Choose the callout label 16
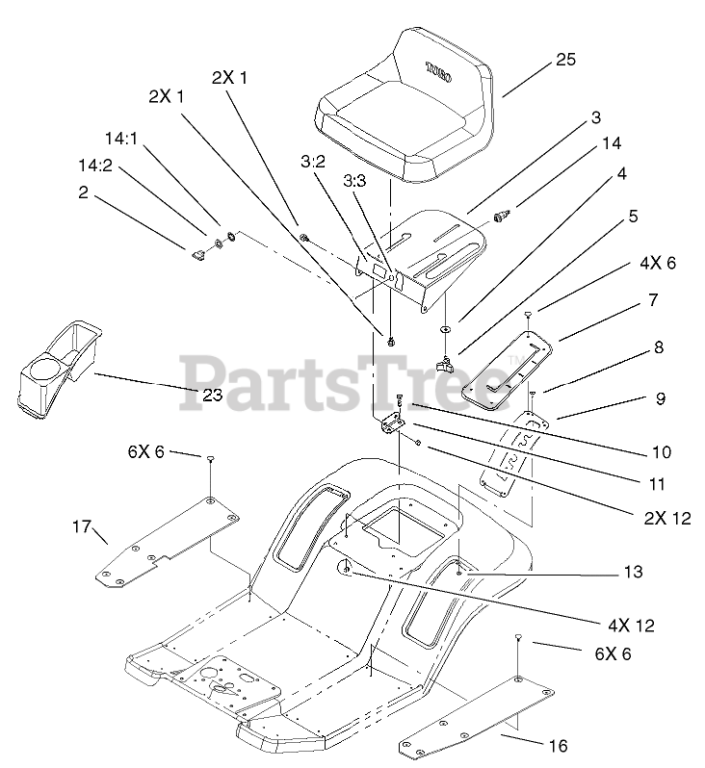tap(558, 745)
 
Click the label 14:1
tap(121, 138)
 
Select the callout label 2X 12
tap(667, 518)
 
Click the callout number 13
tap(632, 572)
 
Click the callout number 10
tap(634, 451)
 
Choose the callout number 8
tap(658, 348)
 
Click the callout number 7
tap(653, 300)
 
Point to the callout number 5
tap(633, 217)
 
